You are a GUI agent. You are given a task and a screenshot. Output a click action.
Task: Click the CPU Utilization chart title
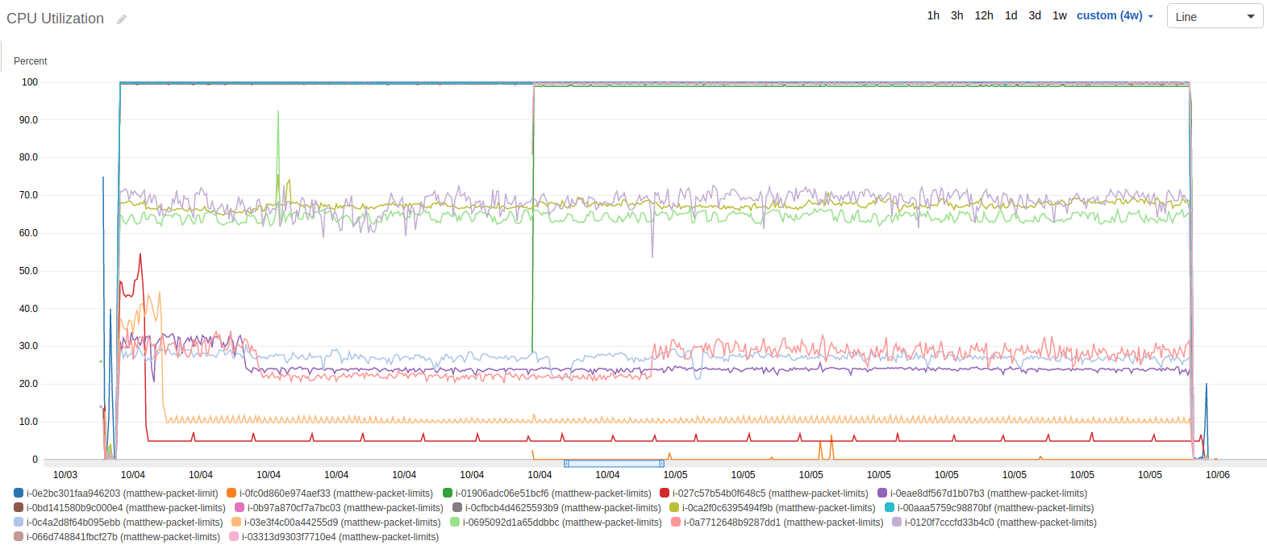[x=55, y=19]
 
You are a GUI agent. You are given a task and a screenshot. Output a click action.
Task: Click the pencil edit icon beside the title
[x=122, y=19]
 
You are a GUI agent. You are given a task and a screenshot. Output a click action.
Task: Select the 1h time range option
[x=933, y=15]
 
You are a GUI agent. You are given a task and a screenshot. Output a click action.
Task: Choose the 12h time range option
[x=984, y=15]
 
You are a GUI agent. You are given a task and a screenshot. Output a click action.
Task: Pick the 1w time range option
[x=1060, y=15]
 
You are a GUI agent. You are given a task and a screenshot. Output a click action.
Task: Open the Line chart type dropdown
[x=1215, y=16]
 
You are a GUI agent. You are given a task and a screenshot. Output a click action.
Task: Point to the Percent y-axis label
[x=31, y=61]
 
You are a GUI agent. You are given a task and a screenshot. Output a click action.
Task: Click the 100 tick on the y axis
[x=30, y=82]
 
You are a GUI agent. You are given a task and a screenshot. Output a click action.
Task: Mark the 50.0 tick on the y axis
[x=29, y=271]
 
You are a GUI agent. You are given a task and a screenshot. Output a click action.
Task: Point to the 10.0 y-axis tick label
[x=29, y=422]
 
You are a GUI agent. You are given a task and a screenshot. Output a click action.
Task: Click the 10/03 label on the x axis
[x=65, y=475]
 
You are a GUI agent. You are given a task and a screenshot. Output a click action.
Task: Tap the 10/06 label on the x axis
[x=1217, y=475]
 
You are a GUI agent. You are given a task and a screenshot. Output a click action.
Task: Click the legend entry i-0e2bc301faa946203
[x=122, y=493]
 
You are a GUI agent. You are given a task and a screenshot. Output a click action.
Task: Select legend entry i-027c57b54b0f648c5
[x=769, y=493]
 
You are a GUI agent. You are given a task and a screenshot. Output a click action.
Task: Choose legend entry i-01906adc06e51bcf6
[x=552, y=493]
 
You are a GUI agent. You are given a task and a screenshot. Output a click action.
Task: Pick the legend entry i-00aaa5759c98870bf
[x=995, y=508]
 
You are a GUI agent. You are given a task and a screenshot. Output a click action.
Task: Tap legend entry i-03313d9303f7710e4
[x=340, y=537]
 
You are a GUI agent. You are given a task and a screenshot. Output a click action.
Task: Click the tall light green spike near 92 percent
[x=278, y=112]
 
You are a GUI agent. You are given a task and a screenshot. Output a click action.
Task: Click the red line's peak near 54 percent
[x=140, y=255]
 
